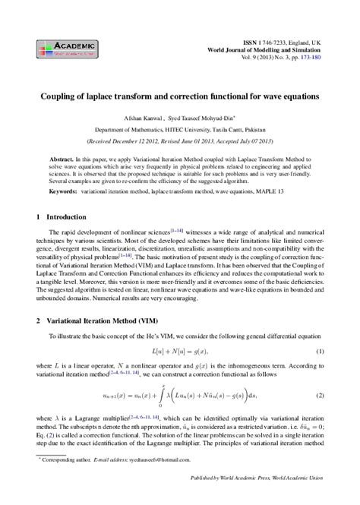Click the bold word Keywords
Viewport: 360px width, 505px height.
click(65, 193)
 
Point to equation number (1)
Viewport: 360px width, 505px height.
click(321, 351)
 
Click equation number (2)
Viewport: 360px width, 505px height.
click(321, 396)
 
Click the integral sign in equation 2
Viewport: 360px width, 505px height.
click(164, 396)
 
